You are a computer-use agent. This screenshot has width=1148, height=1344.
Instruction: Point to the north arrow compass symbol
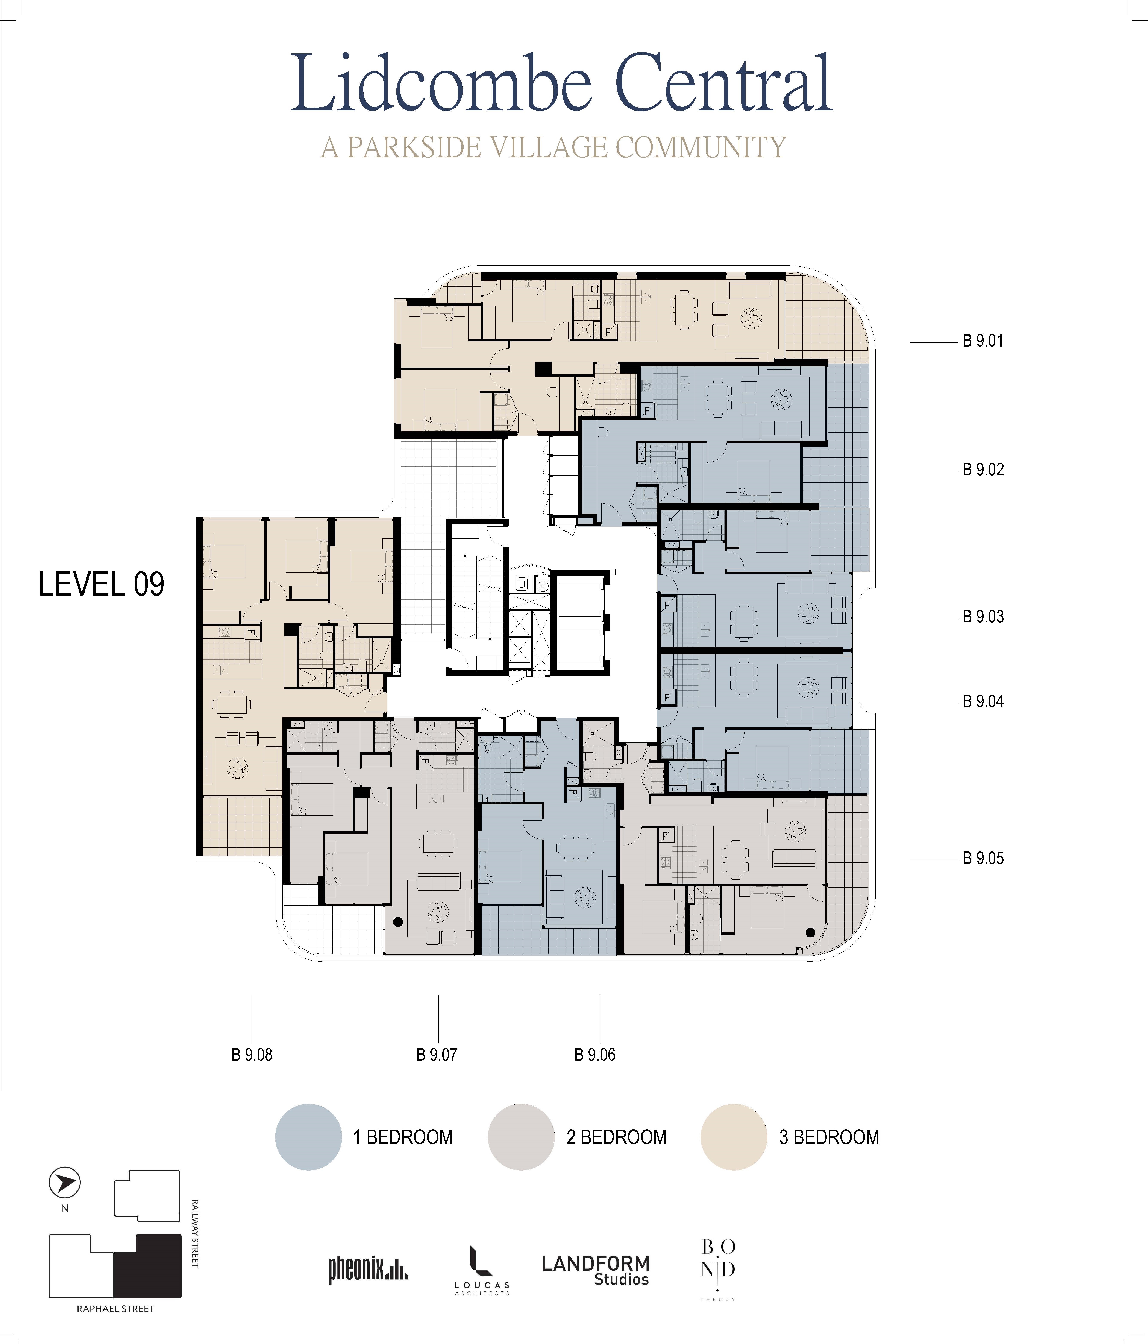[x=65, y=1183]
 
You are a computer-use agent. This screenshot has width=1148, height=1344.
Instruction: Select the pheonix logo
[x=368, y=1269]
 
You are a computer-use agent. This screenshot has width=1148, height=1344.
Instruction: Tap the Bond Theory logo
[x=718, y=1270]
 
